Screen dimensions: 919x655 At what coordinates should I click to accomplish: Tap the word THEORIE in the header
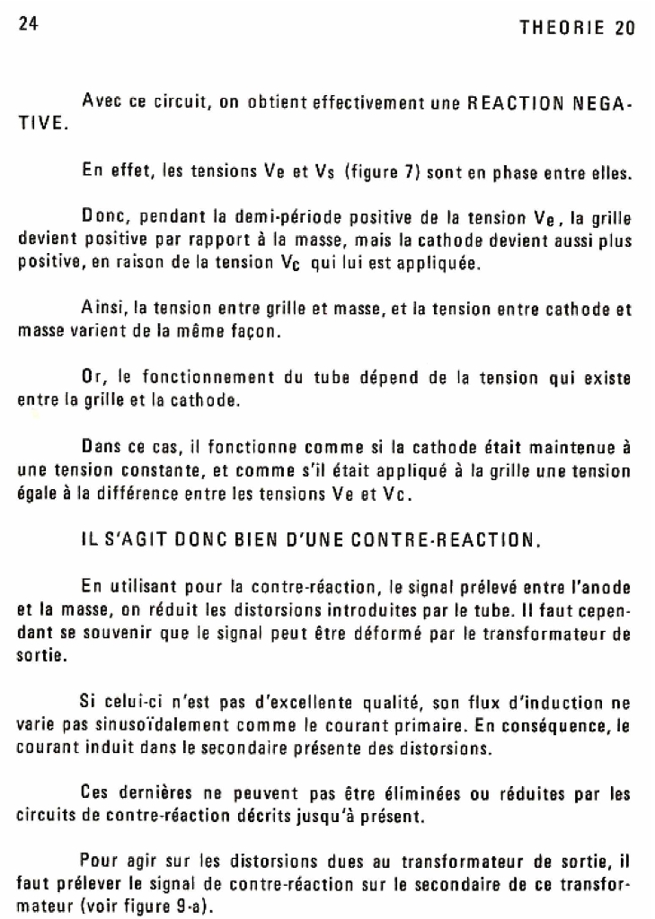[x=564, y=28]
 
